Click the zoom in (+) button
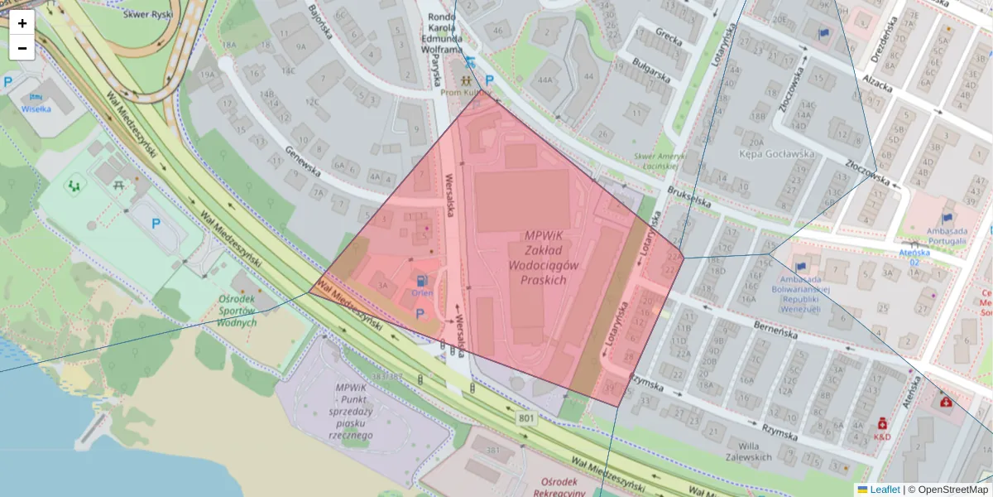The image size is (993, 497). pos(22,23)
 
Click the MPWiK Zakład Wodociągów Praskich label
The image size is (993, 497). pos(544,257)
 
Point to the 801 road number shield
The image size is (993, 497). pos(526,419)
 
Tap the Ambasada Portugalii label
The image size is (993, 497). pos(935,235)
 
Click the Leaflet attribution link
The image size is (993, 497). pos(885,490)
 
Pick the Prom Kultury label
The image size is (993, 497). pos(466,94)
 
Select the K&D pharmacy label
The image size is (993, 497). pos(882,437)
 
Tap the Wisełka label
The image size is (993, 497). pos(36,109)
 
